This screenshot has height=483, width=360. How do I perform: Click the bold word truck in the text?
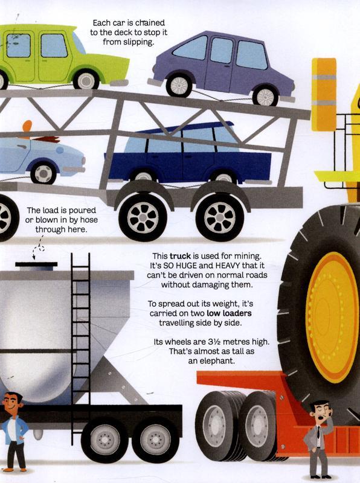(180, 256)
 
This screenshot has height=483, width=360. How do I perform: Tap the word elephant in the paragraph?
(211, 360)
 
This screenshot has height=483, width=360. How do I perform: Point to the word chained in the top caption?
(150, 23)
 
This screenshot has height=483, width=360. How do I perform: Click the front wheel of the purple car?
(179, 85)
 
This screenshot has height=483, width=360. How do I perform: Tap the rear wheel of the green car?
(86, 80)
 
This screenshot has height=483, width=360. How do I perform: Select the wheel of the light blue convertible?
(43, 173)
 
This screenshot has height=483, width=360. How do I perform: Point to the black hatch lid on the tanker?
(36, 264)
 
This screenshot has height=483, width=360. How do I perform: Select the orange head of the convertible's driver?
(27, 126)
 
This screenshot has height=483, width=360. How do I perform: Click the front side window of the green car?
(54, 46)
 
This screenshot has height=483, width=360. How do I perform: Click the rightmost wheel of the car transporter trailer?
(220, 217)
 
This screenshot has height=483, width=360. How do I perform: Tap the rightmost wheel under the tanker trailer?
(155, 440)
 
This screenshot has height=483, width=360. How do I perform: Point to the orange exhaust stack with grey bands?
(324, 94)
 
